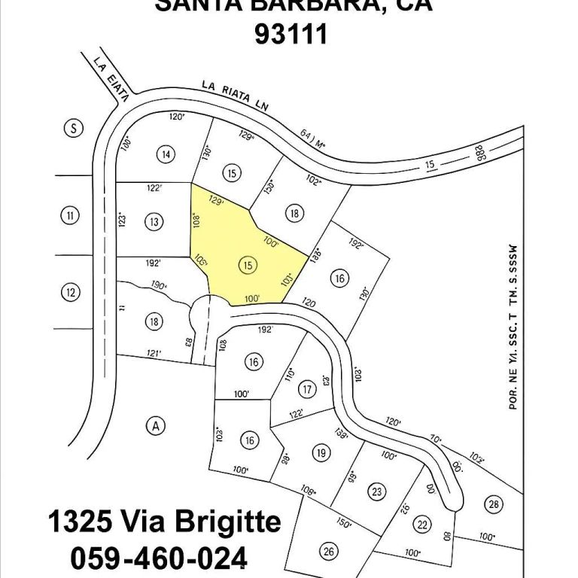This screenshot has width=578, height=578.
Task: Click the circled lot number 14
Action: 166,154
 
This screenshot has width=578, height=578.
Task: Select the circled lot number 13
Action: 154,221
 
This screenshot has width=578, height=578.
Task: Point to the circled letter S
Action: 72,128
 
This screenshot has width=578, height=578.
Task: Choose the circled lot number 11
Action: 69,217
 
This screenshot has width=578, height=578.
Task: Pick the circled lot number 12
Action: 70,292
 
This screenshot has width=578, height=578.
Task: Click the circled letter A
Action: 156,426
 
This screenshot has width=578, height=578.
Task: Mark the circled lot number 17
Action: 306,390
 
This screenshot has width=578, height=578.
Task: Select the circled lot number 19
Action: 321,453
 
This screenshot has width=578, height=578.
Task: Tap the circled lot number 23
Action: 377,491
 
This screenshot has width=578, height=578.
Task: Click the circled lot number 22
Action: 423,525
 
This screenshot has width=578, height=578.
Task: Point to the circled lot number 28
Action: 494,504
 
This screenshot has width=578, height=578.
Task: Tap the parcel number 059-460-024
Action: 159,558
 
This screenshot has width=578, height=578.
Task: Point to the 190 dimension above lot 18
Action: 157,286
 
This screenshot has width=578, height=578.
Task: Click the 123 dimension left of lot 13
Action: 122,221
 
